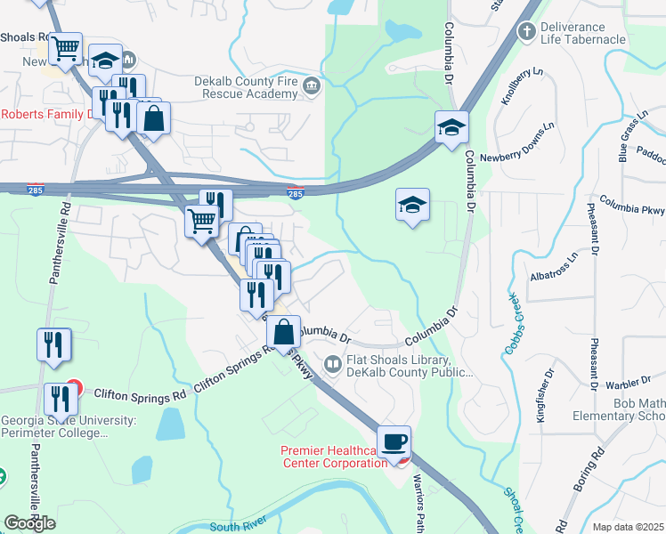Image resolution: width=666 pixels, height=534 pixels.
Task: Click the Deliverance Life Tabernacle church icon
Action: pyautogui.click(x=527, y=32)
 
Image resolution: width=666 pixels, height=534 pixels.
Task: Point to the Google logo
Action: pyautogui.click(x=29, y=522)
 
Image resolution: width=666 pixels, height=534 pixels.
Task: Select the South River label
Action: pyautogui.click(x=239, y=527)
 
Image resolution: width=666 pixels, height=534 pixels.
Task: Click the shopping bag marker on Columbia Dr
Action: pyautogui.click(x=283, y=334)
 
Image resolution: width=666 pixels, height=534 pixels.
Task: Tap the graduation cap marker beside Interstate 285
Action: pyautogui.click(x=451, y=128)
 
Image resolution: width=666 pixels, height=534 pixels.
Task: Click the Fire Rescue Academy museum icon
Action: pyautogui.click(x=311, y=85)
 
